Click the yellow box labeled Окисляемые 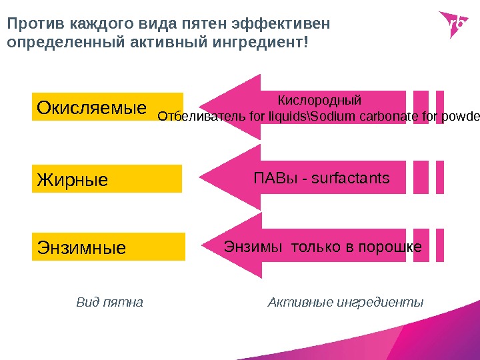click(107, 107)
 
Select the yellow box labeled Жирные click(107, 179)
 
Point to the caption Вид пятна click(110, 303)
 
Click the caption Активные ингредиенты click(345, 303)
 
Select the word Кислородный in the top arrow click(319, 101)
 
